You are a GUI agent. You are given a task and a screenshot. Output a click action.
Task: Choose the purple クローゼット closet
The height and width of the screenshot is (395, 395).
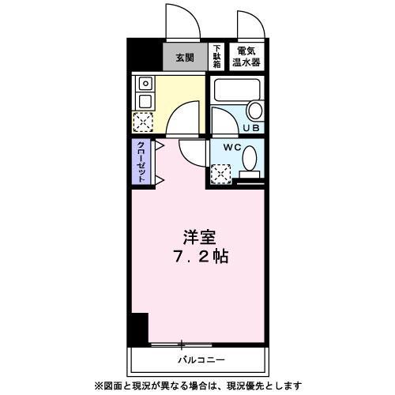[141, 162]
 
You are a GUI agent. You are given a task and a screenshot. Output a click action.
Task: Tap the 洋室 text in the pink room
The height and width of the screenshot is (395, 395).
[200, 236]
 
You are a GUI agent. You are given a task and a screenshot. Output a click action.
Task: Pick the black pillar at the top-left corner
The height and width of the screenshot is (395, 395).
[139, 55]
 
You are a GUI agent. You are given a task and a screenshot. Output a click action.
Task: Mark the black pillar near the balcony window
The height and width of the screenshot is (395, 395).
[140, 327]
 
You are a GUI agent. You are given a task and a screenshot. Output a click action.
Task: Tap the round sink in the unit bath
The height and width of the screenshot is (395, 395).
[254, 111]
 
